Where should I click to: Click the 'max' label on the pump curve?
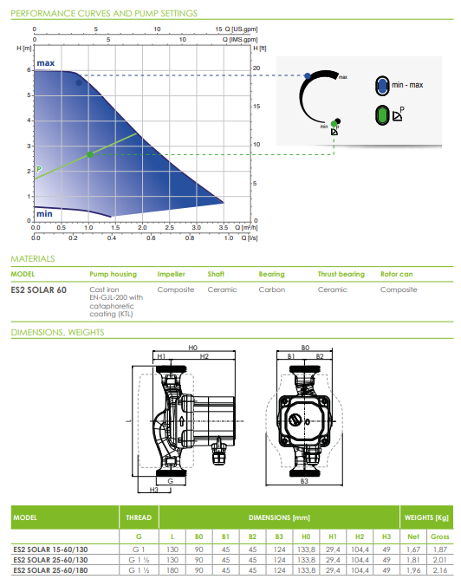click(46, 64)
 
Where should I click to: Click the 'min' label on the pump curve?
click(45, 211)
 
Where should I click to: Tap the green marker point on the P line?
click(89, 154)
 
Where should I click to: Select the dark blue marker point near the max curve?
click(79, 82)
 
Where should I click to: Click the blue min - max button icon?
click(381, 85)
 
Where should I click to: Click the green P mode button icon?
click(381, 114)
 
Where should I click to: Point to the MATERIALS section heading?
click(33, 258)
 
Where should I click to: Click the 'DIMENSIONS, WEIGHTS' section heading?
click(57, 332)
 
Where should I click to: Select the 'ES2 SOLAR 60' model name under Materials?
click(38, 289)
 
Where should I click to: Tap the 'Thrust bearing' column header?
click(341, 274)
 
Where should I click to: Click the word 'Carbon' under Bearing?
click(271, 289)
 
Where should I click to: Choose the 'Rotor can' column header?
click(398, 274)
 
